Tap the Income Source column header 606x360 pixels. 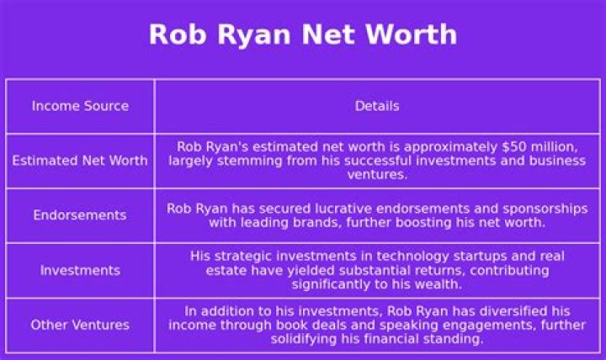pyautogui.click(x=80, y=106)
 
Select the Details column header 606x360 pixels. pyautogui.click(x=377, y=106)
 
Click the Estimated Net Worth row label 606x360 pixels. pyautogui.click(x=80, y=160)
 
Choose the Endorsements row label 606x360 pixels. pyautogui.click(x=80, y=214)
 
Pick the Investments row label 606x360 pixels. pyautogui.click(x=80, y=270)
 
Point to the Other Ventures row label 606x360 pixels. pyautogui.click(x=80, y=325)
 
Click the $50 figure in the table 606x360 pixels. pyautogui.click(x=478, y=146)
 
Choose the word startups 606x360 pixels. pyautogui.click(x=460, y=256)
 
